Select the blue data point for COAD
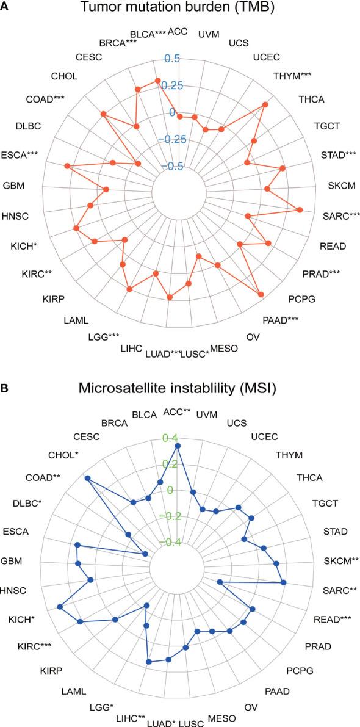coord(87,478)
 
